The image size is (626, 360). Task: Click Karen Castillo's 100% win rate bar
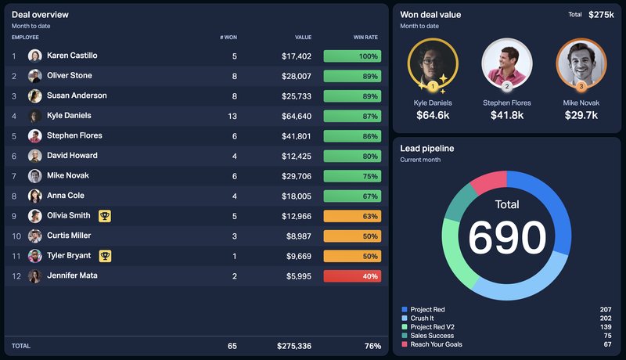(x=352, y=56)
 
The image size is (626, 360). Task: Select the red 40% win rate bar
(x=352, y=276)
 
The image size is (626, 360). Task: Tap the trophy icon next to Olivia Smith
(x=105, y=216)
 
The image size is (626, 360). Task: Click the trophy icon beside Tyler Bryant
(x=105, y=256)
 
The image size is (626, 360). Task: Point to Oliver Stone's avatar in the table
(x=35, y=76)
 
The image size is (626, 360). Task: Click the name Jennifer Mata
(x=72, y=275)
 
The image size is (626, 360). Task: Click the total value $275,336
(x=293, y=346)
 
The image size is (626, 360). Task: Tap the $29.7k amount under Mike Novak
(x=581, y=116)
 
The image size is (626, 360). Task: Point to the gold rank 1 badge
(x=433, y=86)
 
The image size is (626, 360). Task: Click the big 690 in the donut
(x=507, y=237)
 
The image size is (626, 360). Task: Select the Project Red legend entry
(x=427, y=310)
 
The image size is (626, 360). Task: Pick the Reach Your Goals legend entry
(x=436, y=344)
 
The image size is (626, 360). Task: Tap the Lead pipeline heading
(x=426, y=148)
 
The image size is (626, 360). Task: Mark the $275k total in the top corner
(x=601, y=15)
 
